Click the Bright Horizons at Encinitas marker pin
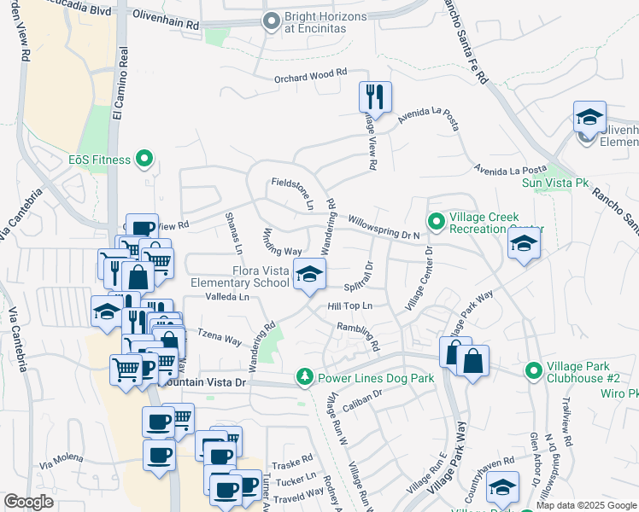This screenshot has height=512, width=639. (x=272, y=20)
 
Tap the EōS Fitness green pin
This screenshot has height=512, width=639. (x=144, y=159)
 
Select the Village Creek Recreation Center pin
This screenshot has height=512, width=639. (x=436, y=224)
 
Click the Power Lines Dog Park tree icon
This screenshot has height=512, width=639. (x=304, y=376)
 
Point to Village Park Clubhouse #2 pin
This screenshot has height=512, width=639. (x=533, y=370)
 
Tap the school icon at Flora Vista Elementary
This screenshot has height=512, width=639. (x=309, y=274)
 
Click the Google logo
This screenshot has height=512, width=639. (x=29, y=502)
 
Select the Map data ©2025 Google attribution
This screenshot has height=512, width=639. (x=586, y=505)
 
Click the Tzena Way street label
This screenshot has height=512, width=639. (x=220, y=336)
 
